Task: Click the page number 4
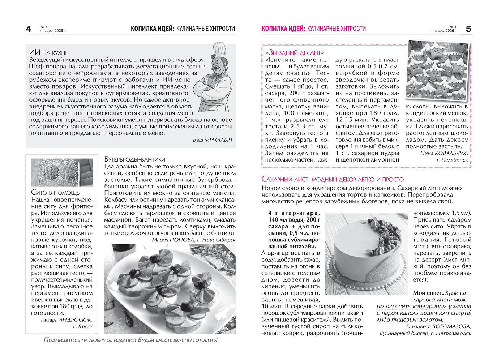coord(29,29)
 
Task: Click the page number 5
coord(468,29)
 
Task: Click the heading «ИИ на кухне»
coord(48,53)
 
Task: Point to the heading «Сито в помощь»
coord(55,192)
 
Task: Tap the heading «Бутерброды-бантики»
coord(134,159)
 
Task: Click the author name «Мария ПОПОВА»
coord(173,240)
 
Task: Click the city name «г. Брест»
coord(83,326)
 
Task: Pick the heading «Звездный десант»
coord(294,53)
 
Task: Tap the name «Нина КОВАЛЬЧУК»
coord(444,153)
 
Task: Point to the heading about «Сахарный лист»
coord(333,179)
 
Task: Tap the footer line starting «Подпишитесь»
coord(130,340)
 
